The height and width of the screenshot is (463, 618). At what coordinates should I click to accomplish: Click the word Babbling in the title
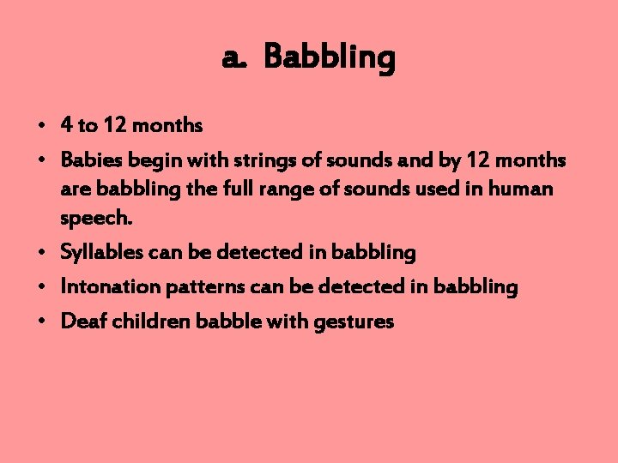pos(330,59)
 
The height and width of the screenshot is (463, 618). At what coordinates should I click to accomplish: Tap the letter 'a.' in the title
pos(234,59)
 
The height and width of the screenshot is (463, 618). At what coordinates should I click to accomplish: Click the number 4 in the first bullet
pos(66,126)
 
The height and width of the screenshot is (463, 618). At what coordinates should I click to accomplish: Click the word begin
pos(153,160)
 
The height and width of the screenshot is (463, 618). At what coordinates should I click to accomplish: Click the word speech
pos(96,219)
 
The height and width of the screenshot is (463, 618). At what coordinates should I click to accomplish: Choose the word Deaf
pos(82,322)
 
